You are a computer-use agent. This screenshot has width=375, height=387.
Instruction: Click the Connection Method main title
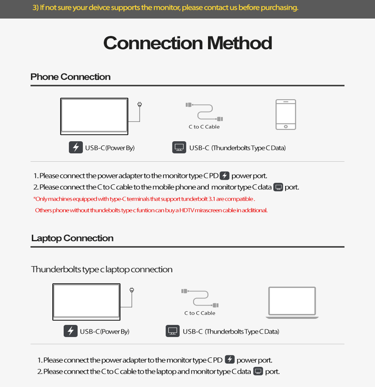[x=187, y=43]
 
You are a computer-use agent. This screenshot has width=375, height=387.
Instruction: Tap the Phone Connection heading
[x=70, y=77]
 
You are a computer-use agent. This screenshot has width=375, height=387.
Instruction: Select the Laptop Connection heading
[x=72, y=238]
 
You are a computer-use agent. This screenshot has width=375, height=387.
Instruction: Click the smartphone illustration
[x=286, y=114]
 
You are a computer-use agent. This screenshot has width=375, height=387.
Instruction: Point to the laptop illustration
[x=292, y=303]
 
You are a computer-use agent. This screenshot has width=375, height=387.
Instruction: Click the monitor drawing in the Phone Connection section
[x=94, y=116]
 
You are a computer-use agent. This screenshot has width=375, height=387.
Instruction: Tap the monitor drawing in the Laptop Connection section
[x=86, y=302]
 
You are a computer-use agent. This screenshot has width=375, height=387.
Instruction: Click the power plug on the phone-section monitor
[x=139, y=105]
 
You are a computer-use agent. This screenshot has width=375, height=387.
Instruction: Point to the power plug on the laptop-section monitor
[x=132, y=290]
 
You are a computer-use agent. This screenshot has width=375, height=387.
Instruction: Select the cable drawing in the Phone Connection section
[x=205, y=112]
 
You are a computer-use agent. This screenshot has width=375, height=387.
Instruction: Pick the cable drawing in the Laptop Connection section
[x=200, y=298]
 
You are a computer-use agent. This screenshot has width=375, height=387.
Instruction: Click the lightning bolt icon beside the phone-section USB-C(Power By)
[x=76, y=147]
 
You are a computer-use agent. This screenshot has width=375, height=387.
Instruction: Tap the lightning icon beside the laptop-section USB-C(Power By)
[x=70, y=331]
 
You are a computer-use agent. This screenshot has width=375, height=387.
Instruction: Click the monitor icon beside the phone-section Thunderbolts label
[x=179, y=147]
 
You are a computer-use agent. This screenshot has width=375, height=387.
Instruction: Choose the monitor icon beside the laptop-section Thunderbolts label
[x=173, y=331]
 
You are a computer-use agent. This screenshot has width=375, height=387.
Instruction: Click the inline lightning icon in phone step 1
[x=224, y=175]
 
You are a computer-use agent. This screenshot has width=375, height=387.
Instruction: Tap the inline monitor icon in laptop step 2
[x=258, y=371]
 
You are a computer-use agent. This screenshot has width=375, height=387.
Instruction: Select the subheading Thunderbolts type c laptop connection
[x=102, y=270]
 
